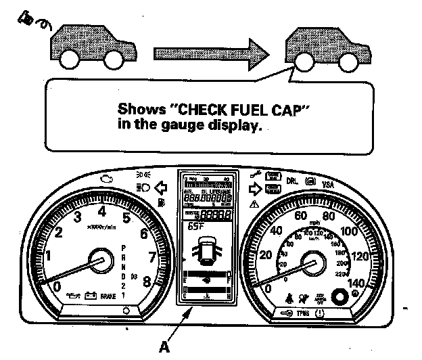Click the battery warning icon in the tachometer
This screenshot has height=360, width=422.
tap(87, 296)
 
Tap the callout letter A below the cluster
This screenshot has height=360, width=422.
tap(162, 349)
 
